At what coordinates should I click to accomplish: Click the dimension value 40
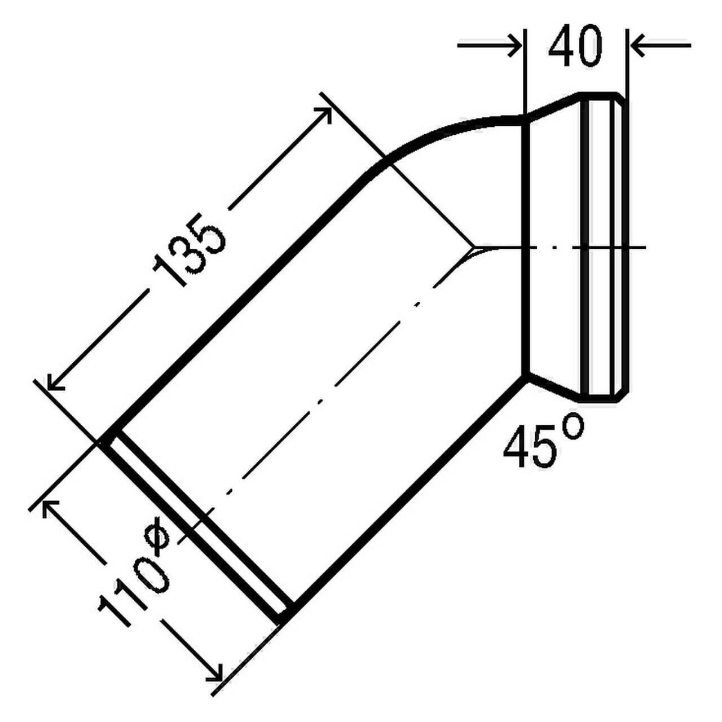pyautogui.click(x=575, y=47)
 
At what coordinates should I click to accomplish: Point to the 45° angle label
pyautogui.click(x=543, y=442)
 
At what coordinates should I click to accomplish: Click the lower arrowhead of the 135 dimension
pyautogui.click(x=54, y=382)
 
